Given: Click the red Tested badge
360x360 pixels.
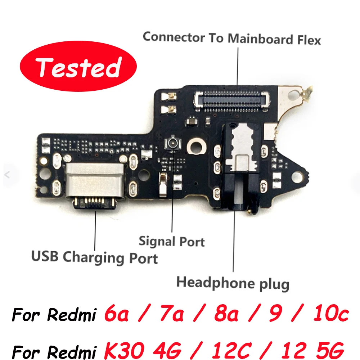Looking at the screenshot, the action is click(78, 68).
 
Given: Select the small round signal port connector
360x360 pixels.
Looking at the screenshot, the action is click(171, 143).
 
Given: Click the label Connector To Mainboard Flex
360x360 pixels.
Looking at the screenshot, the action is click(231, 38).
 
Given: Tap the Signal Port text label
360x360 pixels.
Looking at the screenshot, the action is click(172, 241).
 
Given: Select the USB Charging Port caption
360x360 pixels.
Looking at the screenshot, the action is click(94, 257).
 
